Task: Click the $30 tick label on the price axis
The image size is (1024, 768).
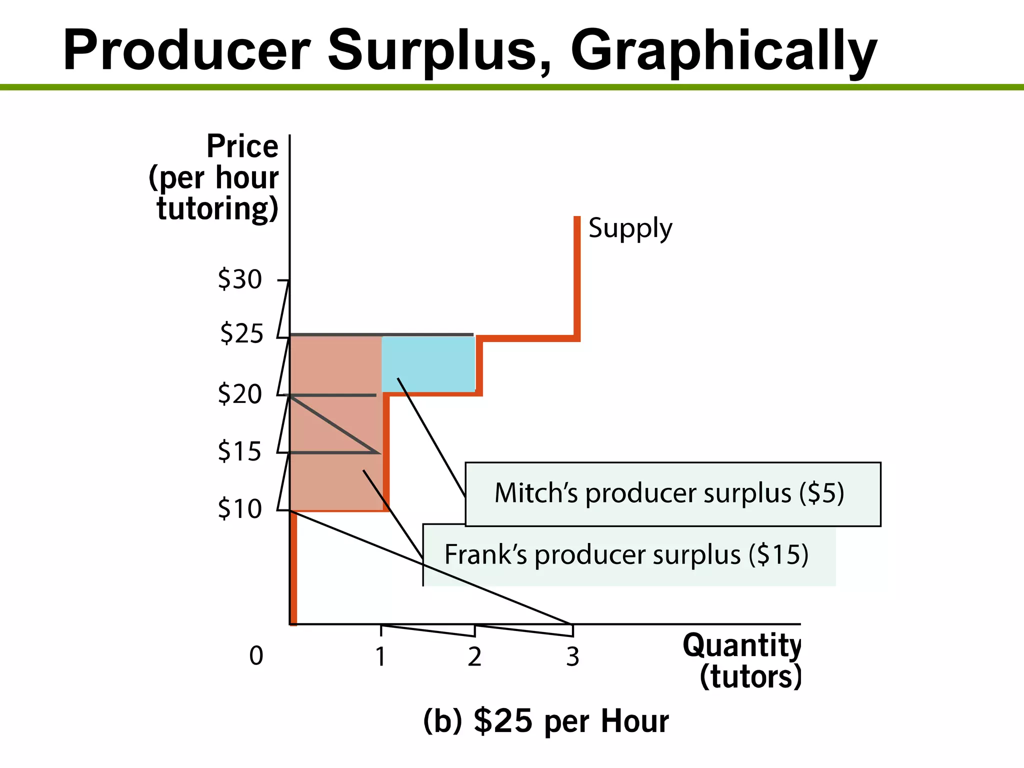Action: [x=239, y=279]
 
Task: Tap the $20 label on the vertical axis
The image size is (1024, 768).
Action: [x=239, y=394]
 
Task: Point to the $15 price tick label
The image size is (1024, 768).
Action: [x=239, y=451]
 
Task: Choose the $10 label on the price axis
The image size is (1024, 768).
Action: [x=239, y=509]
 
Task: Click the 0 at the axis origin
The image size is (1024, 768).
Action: [x=256, y=655]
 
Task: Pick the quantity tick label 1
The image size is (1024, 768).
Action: [x=380, y=656]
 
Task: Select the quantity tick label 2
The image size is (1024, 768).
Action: [x=474, y=656]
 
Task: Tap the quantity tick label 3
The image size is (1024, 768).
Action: [x=572, y=656]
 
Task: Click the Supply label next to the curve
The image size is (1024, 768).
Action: [x=630, y=228]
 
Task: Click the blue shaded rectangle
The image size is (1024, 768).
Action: [x=428, y=364]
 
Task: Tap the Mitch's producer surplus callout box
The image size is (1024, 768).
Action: [x=672, y=493]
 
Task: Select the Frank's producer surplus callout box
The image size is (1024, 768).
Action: [x=629, y=555]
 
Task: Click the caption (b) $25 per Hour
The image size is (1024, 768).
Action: [x=545, y=721]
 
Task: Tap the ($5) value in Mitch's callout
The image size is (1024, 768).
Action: [x=821, y=493]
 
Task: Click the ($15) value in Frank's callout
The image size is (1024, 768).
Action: [x=778, y=555]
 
